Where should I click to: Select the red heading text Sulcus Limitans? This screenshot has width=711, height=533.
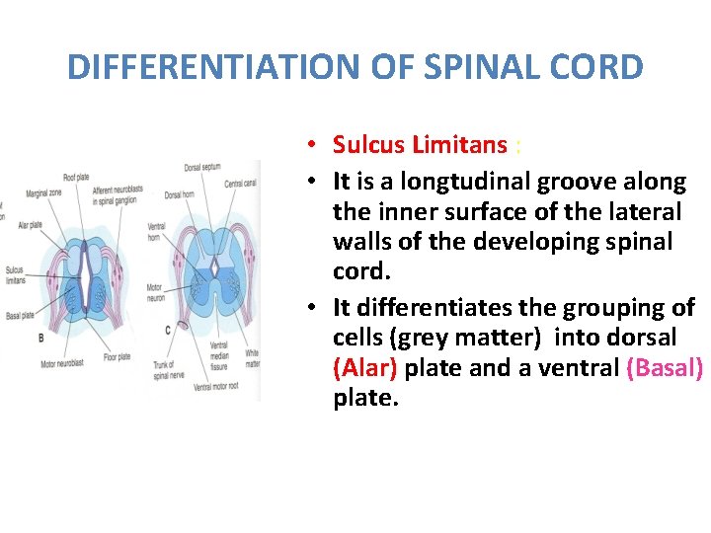point(420,145)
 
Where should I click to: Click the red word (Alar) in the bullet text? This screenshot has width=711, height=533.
point(365,369)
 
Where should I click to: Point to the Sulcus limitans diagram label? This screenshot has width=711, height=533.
point(14,273)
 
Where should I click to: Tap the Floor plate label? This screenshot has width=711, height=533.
point(117,356)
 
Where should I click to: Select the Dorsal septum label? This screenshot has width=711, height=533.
point(202,168)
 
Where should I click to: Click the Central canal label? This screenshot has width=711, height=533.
point(240,184)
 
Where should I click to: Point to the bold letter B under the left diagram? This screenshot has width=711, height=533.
point(39,338)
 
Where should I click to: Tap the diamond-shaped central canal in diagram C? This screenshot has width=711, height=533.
point(214,268)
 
